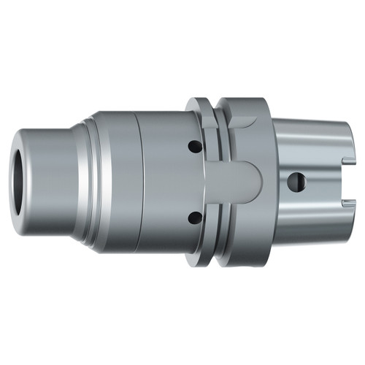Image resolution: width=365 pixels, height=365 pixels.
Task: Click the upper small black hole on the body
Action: click(193, 147)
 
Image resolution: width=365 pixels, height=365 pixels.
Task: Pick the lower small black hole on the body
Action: click(193, 217)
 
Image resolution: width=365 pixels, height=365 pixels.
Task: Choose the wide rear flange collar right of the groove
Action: click(255, 219)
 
